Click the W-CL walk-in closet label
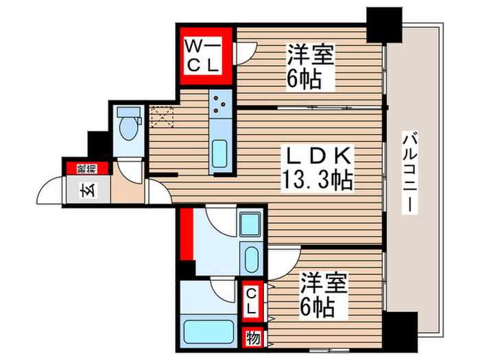click(x=203, y=56)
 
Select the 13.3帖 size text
click(x=317, y=180)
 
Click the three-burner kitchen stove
click(x=221, y=104)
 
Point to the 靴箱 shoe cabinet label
click(x=81, y=167)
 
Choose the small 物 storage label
click(x=252, y=338)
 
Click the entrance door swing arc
click(x=51, y=188)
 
